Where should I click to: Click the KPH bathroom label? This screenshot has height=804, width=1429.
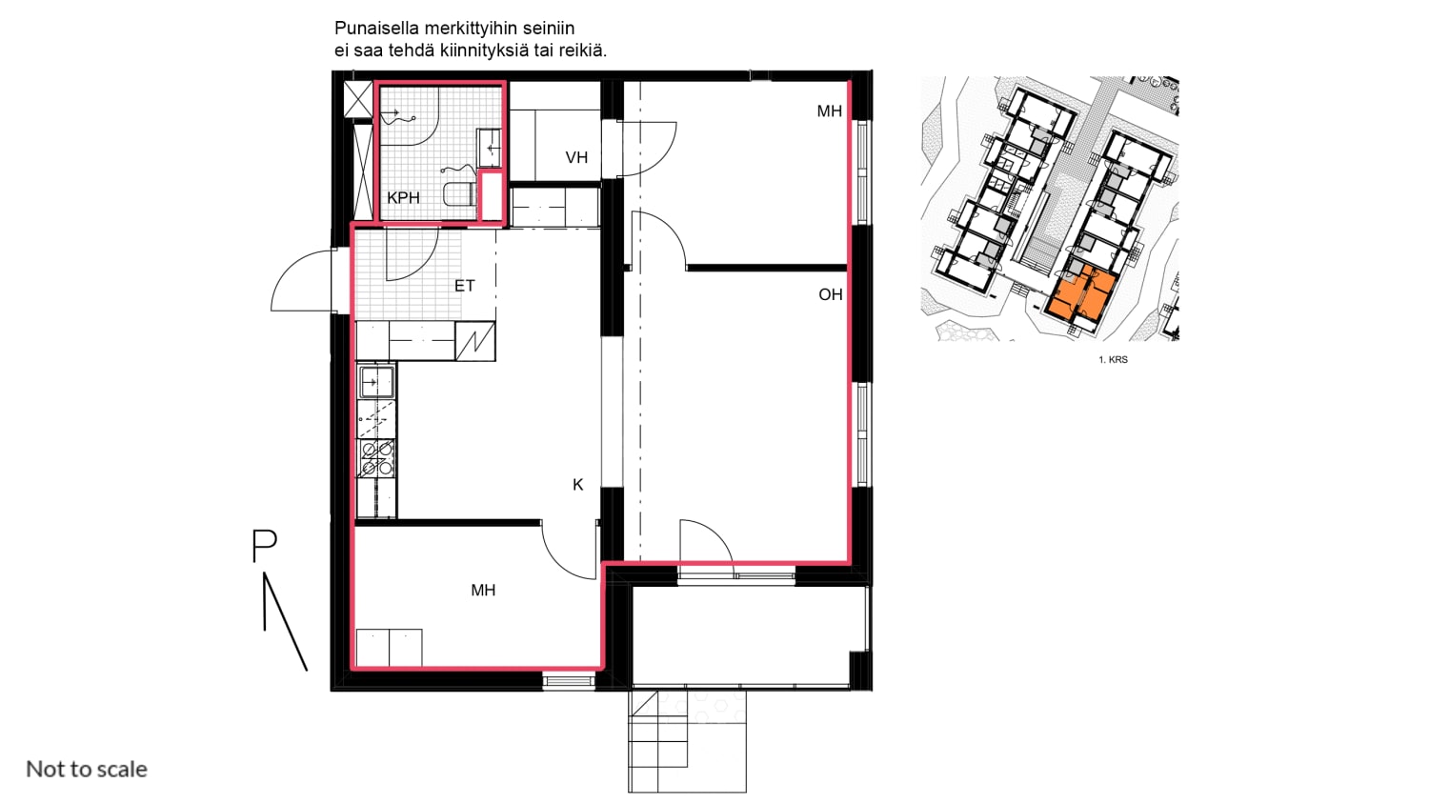pyautogui.click(x=403, y=198)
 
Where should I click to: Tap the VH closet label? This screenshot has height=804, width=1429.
pyautogui.click(x=576, y=157)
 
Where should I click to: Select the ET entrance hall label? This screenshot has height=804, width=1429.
pyautogui.click(x=465, y=286)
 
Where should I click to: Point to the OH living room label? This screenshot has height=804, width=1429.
pyautogui.click(x=831, y=294)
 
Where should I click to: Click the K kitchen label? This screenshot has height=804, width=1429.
pyautogui.click(x=578, y=485)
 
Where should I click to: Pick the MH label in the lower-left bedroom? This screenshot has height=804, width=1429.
pyautogui.click(x=483, y=591)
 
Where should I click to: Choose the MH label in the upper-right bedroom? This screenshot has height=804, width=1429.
pyautogui.click(x=830, y=111)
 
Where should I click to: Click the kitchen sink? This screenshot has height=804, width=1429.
pyautogui.click(x=376, y=382)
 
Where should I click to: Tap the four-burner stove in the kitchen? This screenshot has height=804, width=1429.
pyautogui.click(x=376, y=459)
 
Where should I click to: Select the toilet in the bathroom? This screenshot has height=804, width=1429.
pyautogui.click(x=459, y=194)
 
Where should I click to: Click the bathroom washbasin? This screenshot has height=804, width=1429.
pyautogui.click(x=489, y=148)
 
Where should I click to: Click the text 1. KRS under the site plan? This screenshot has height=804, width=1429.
pyautogui.click(x=1114, y=360)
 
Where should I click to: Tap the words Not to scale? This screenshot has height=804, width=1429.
pyautogui.click(x=87, y=769)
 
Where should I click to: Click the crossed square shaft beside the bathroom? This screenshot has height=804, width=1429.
pyautogui.click(x=358, y=99)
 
